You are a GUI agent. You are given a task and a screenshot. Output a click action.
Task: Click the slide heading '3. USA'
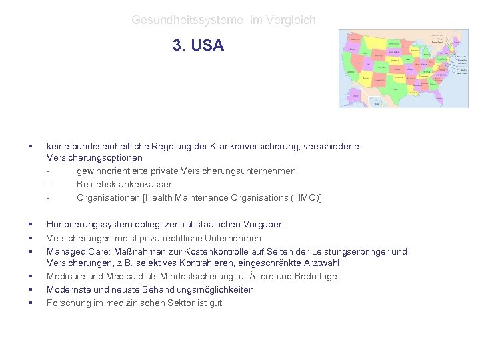point(198,45)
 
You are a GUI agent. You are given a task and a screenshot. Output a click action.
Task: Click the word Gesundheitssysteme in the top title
point(189,21)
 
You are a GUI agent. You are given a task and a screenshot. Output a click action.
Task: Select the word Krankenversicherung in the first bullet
point(257,145)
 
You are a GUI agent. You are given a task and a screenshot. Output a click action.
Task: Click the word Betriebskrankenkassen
point(125,184)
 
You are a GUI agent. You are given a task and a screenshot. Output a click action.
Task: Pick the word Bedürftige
point(313,276)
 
